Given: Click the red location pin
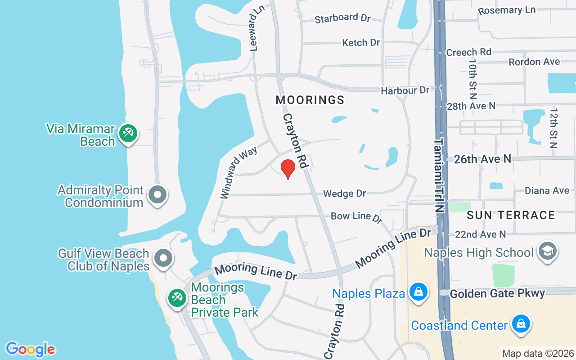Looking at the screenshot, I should click(x=288, y=168).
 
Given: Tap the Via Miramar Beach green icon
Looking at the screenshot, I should click(x=128, y=133).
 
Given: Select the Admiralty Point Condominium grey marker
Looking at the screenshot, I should click(x=157, y=195).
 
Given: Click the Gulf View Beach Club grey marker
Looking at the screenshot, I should click(x=163, y=259).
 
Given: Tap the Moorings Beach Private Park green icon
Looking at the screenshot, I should click(x=177, y=297).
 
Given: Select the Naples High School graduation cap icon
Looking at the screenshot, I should click(x=548, y=251).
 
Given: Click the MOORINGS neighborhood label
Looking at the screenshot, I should click(x=310, y=100).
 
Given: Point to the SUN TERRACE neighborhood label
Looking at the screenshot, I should click(x=511, y=215).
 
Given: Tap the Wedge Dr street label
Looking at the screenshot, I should click(x=345, y=193).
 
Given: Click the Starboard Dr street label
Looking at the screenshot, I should click(x=342, y=18).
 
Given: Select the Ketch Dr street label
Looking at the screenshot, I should click(x=361, y=43).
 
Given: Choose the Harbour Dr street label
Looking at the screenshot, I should click(x=405, y=90).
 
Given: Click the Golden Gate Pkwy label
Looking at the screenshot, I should click(x=497, y=293).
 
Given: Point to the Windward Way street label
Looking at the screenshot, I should click(x=238, y=172).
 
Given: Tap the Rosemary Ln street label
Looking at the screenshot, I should click(x=506, y=10).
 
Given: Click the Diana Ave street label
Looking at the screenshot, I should click(x=547, y=191).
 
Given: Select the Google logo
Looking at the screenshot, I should click(x=30, y=349).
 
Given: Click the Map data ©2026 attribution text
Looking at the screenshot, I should click(x=538, y=353).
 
